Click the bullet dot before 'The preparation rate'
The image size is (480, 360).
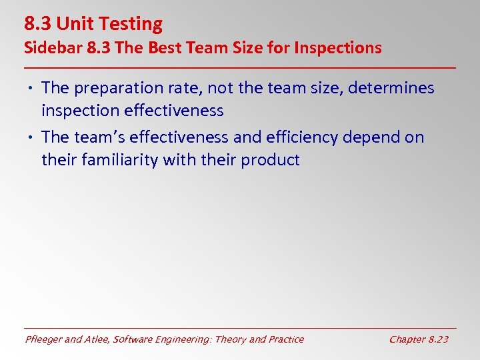pos(32,88)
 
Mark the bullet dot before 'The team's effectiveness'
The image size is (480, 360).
pos(32,137)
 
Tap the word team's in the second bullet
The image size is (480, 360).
pos(101,137)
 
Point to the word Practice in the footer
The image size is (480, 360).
pos(285,339)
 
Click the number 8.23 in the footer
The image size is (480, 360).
pos(437,339)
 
